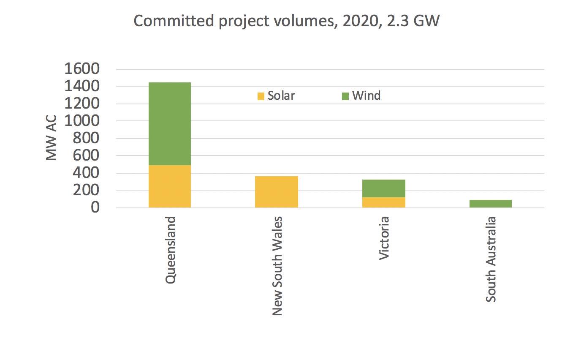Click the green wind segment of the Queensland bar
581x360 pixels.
click(169, 123)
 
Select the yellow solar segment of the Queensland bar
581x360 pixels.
click(169, 186)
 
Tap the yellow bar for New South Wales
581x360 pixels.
click(277, 192)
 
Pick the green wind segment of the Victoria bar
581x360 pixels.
click(384, 188)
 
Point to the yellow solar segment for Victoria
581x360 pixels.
click(384, 202)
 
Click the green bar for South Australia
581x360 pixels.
click(490, 204)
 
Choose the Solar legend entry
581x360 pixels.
click(276, 96)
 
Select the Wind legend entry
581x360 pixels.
click(361, 96)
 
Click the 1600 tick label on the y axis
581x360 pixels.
click(82, 69)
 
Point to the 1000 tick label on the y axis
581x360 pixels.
click(82, 121)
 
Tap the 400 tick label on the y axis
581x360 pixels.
click(87, 173)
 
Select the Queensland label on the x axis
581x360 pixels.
click(170, 250)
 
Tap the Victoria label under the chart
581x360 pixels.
click(384, 238)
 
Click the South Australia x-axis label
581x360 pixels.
click(491, 259)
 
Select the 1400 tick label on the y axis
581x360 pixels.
click(82, 87)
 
